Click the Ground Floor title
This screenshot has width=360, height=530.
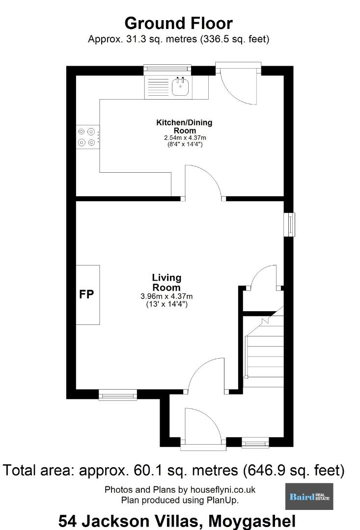[178, 24]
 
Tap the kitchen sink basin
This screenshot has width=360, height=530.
[180, 87]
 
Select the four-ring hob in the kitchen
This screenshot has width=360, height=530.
[87, 136]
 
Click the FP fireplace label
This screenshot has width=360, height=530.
[86, 294]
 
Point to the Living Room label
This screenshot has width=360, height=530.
[166, 283]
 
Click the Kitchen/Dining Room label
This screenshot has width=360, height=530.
[184, 127]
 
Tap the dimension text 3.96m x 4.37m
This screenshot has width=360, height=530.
[166, 296]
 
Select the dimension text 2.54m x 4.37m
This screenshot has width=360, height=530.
[185, 138]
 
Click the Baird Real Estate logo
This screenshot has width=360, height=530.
[309, 496]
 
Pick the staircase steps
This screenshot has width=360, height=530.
[264, 351]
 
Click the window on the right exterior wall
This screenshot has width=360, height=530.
[289, 224]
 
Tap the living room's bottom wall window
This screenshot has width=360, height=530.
[118, 395]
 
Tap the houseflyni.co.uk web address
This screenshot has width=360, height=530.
[223, 489]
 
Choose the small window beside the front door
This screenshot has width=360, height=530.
[255, 442]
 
